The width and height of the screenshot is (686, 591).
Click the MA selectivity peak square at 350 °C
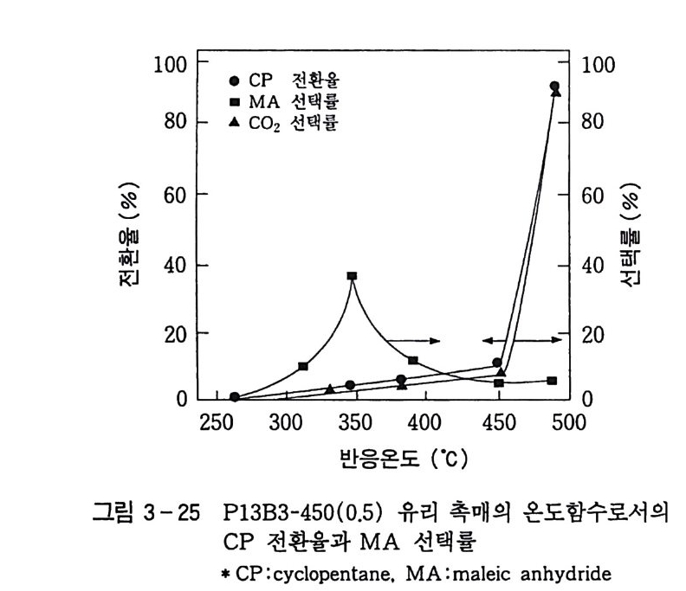tap(352, 276)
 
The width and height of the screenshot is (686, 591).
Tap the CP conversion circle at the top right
tap(554, 87)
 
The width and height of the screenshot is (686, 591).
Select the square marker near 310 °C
tap(302, 367)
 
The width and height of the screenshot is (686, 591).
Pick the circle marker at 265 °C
tap(235, 397)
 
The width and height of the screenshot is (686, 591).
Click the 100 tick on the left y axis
tap(171, 63)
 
